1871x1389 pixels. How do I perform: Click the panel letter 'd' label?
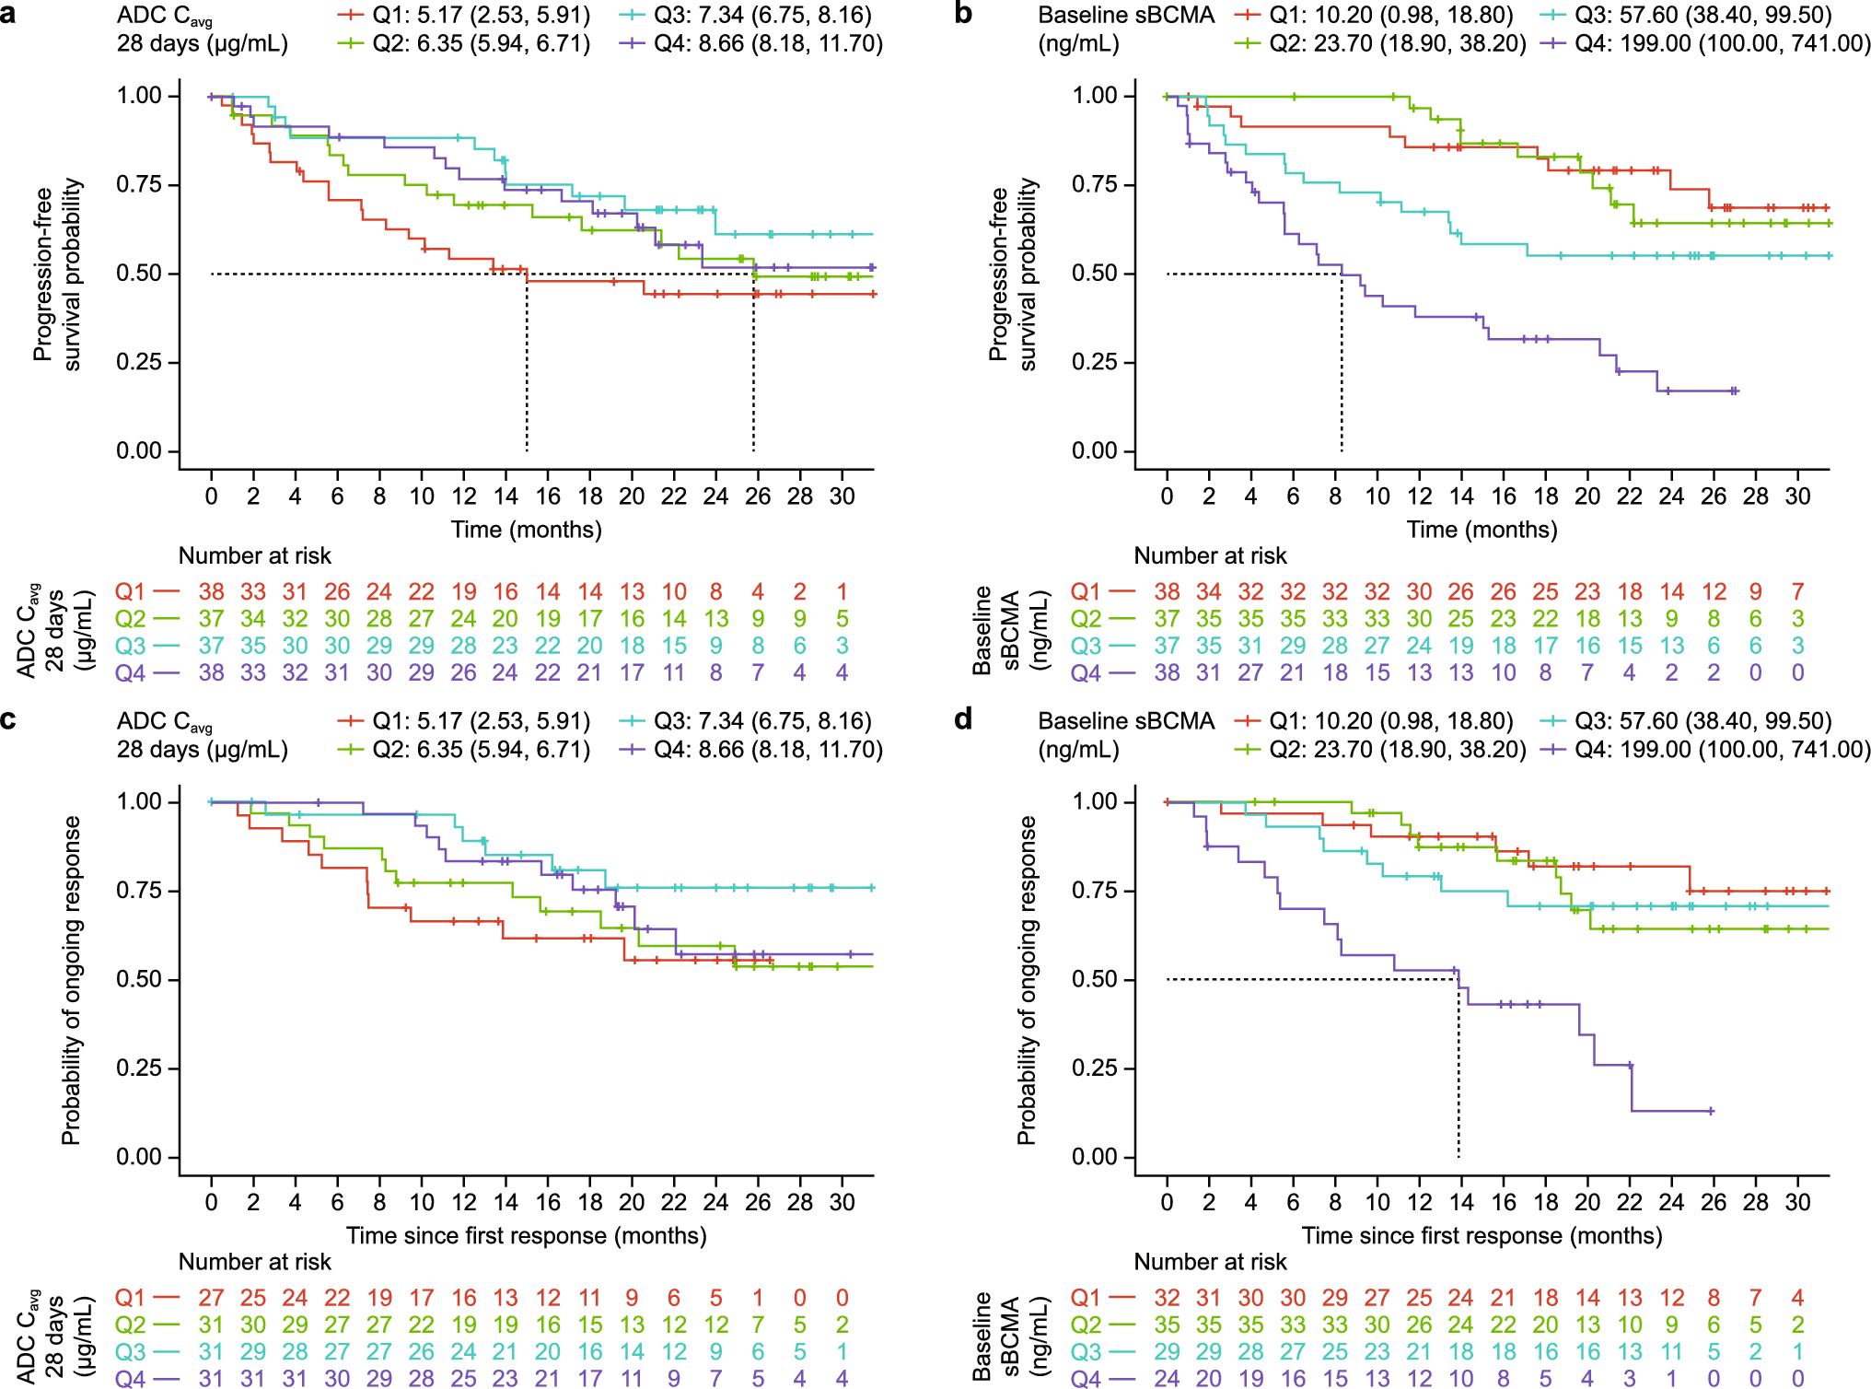pos(963,718)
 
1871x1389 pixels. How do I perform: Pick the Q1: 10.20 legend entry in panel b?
pos(1374,16)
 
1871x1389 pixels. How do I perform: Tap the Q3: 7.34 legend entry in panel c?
pos(746,721)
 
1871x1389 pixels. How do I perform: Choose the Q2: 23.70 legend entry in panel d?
pos(1379,750)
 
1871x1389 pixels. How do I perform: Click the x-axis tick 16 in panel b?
pos(1504,496)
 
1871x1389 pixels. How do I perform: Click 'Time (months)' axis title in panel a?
pos(526,530)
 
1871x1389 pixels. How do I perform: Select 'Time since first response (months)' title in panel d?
pos(1482,1235)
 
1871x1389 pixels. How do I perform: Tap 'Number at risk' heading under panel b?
pos(1210,555)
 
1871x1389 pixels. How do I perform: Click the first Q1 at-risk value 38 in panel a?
pos(212,591)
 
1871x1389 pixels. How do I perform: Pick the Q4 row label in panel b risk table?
pos(1086,673)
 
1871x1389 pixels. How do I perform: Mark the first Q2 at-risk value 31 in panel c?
pos(212,1325)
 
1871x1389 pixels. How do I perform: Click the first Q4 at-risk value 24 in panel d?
pos(1167,1379)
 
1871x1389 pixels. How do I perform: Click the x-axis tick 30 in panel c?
pos(842,1202)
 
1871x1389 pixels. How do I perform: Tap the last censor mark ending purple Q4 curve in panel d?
pos(1711,1111)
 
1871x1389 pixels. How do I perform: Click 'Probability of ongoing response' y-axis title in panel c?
pos(71,980)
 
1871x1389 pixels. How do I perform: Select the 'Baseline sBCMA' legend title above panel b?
pos(1126,16)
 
